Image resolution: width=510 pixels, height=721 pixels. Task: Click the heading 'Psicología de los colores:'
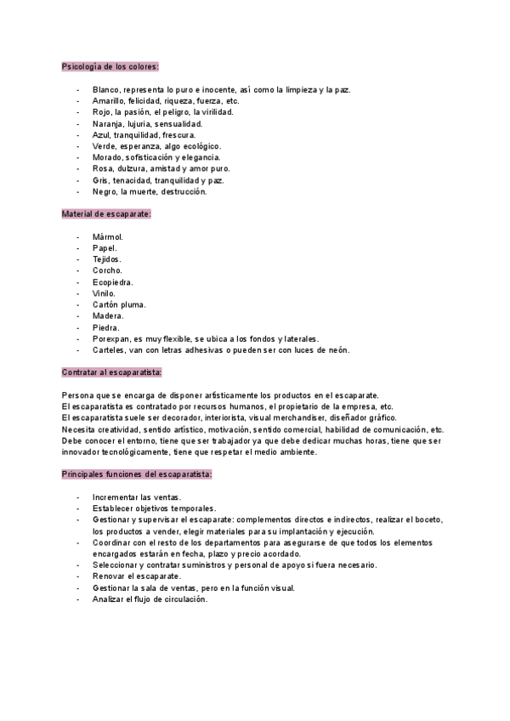(110, 66)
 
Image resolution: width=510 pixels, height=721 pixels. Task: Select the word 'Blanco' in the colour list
(106, 89)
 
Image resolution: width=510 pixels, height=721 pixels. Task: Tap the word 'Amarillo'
(110, 100)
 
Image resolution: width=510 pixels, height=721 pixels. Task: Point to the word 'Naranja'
(108, 123)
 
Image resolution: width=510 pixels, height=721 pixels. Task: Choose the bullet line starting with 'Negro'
(150, 191)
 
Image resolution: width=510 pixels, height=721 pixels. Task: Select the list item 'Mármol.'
(108, 236)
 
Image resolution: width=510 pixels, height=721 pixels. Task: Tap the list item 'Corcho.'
(108, 270)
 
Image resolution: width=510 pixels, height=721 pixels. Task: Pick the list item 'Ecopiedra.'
(113, 281)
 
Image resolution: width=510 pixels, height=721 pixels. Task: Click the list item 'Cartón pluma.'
(119, 304)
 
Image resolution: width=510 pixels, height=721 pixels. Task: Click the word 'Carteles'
(110, 349)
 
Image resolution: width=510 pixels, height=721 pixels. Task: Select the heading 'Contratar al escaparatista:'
(112, 372)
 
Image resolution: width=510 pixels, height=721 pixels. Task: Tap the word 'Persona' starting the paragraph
(78, 395)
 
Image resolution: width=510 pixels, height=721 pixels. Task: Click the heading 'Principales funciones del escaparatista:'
(137, 474)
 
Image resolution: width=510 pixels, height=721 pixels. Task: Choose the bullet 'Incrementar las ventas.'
(136, 497)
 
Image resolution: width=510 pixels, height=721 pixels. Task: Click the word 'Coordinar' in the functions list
(113, 542)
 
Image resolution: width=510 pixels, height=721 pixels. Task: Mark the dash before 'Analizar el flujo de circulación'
(78, 599)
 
